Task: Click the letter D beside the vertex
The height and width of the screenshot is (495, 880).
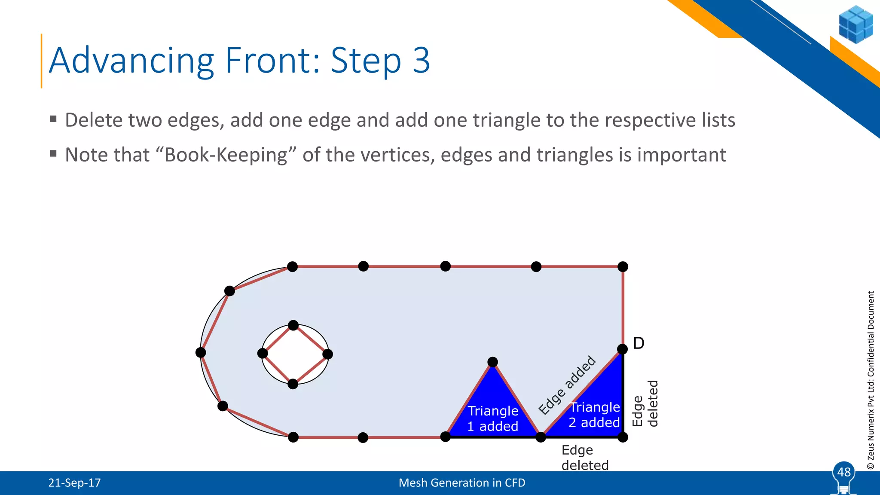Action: coord(639,343)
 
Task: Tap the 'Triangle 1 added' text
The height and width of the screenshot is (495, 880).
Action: coord(493,419)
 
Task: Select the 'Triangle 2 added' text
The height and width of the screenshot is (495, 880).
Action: coord(594,415)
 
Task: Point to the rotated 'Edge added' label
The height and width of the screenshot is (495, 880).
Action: coord(567,385)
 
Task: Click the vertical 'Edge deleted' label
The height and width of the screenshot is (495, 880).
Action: coord(645,404)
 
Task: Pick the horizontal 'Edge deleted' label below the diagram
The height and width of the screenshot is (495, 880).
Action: coord(584,458)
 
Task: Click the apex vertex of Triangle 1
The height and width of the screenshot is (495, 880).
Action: coord(493,362)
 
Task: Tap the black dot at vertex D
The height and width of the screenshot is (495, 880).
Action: coord(622,349)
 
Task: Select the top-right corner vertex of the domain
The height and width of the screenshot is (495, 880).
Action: coord(623,267)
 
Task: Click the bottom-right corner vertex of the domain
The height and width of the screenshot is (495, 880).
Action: coord(623,437)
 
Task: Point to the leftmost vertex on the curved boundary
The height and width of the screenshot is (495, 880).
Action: coord(201,353)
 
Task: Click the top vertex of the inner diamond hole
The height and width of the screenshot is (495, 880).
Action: coord(293,325)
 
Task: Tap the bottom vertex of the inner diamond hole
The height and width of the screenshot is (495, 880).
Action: coord(293,384)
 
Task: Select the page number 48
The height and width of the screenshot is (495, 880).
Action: coord(844,472)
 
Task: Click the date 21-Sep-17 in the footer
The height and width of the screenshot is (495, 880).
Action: coord(74,483)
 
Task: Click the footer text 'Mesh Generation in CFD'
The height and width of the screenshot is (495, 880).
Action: coord(462,483)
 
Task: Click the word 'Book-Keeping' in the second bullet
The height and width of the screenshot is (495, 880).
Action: coord(226,155)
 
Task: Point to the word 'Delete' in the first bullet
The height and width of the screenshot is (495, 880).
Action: coord(92,120)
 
